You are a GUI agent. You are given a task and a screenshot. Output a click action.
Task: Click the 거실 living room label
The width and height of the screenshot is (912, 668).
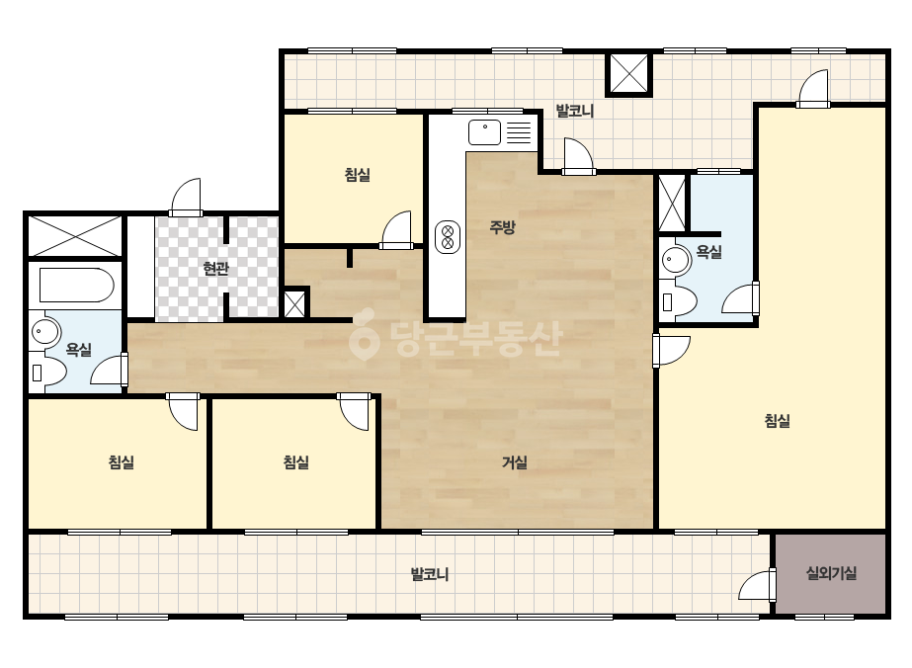[x=515, y=462]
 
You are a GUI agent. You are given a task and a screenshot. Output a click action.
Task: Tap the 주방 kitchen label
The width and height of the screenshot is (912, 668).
[x=502, y=227]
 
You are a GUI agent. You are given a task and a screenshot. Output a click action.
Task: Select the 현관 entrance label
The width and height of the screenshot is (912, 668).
[x=215, y=268]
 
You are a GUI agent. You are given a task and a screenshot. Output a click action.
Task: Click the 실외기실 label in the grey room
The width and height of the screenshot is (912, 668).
[x=831, y=574]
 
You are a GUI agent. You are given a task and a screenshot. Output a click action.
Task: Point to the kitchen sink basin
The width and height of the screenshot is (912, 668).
[x=484, y=132]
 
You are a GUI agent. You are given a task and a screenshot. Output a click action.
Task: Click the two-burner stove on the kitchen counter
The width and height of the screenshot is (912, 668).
[x=448, y=237]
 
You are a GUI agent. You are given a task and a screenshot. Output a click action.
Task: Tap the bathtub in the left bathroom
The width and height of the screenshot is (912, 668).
[x=76, y=286]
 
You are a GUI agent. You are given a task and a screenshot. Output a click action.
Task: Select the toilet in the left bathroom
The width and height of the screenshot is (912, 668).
[x=47, y=372]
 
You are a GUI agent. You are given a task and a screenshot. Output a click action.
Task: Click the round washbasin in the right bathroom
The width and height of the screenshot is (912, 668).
[x=675, y=259]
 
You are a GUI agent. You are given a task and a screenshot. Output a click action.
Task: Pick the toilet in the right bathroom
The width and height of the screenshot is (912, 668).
[x=678, y=300]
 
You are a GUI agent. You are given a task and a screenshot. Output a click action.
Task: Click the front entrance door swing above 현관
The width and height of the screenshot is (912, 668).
[x=186, y=198]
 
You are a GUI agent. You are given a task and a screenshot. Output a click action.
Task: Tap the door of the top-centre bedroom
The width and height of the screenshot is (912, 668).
[x=396, y=230]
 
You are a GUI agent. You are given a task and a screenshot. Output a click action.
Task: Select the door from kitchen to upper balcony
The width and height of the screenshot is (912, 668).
[x=579, y=156]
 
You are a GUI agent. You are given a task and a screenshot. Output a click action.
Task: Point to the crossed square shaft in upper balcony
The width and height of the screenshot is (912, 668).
[x=629, y=74]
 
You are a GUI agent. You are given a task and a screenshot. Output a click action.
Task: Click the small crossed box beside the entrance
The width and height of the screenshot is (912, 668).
[x=294, y=303]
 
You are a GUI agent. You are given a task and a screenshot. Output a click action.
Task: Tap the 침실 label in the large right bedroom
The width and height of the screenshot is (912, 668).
[x=777, y=421]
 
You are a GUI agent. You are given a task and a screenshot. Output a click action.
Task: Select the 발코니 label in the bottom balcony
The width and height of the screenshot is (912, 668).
[x=430, y=574]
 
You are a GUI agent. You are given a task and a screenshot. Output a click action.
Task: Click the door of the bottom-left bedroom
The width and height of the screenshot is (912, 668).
[x=183, y=412]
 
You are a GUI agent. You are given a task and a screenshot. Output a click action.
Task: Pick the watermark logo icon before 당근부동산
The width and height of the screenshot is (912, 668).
[x=364, y=335]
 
